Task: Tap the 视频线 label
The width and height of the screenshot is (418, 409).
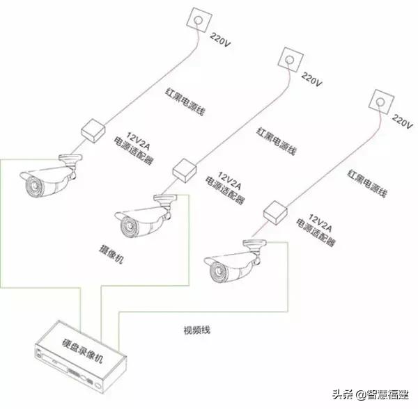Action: (196, 331)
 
